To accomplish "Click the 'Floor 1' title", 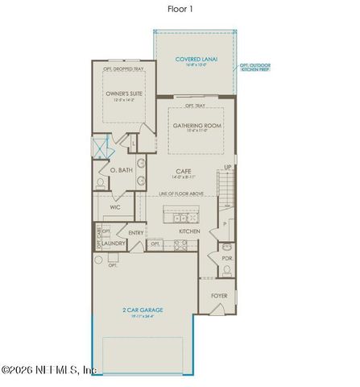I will [179, 10].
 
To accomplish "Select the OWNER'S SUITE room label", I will [122, 95].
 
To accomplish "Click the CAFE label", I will [184, 170].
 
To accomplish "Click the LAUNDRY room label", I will [112, 243].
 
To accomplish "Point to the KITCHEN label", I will [189, 232].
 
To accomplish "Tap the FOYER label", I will [219, 295].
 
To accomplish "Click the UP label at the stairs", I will [227, 167].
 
